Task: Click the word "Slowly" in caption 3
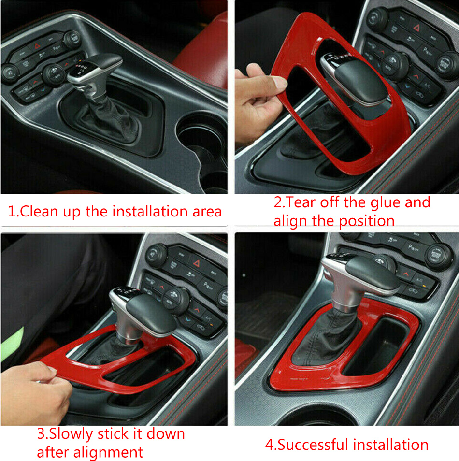(x=71, y=434)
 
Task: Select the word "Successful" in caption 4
(x=313, y=445)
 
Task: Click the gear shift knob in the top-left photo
(x=94, y=71)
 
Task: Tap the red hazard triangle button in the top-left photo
(x=36, y=46)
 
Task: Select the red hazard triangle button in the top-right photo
(x=416, y=28)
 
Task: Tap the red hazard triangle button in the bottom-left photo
(x=196, y=263)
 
